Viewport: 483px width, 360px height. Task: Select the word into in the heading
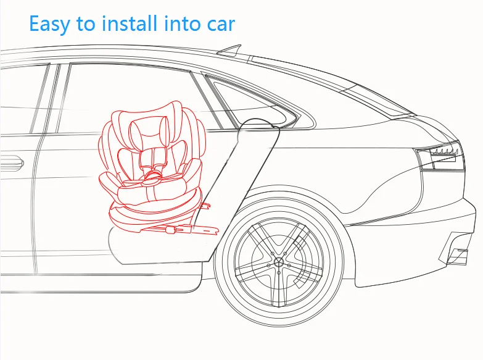click(x=183, y=23)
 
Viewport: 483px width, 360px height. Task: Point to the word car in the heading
click(x=220, y=25)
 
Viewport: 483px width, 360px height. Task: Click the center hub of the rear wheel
click(x=279, y=262)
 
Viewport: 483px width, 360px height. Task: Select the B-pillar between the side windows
click(x=56, y=99)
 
